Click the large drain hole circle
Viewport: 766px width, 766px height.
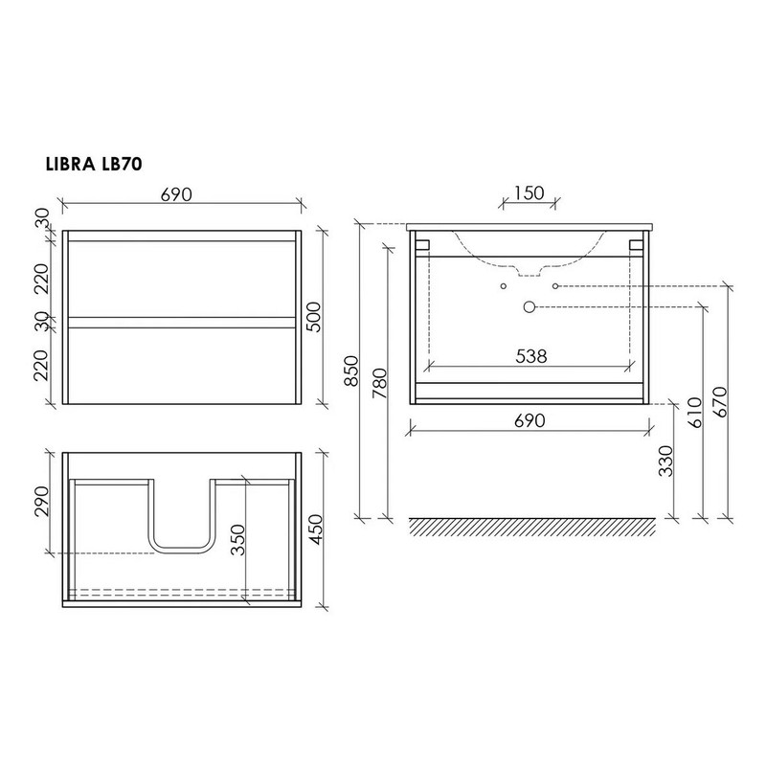coord(529,306)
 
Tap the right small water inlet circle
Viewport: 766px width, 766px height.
coord(555,286)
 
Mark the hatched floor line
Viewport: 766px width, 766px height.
coord(532,525)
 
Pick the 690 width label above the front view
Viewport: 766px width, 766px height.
coord(177,193)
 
